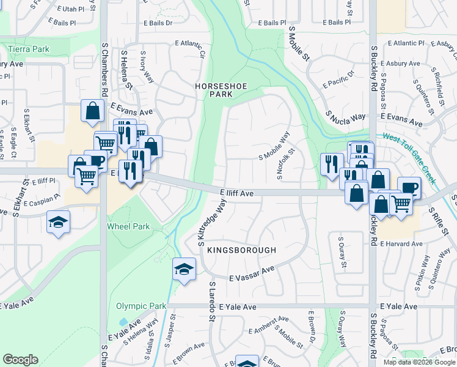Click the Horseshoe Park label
point(221,91)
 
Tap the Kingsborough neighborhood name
point(241,250)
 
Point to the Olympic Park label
point(141,306)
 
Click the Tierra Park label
point(28,48)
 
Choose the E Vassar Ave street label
point(252,274)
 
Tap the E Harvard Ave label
point(401,243)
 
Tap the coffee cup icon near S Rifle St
point(409,188)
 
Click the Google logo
point(20,360)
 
